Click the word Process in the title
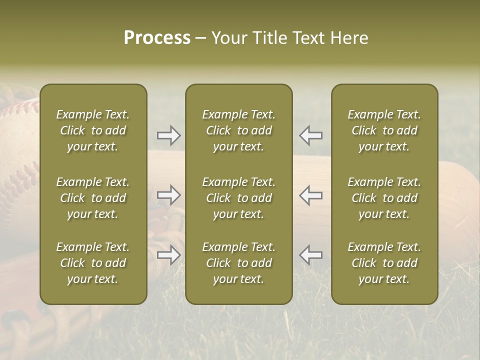(157, 38)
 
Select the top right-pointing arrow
(168, 135)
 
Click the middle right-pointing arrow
(168, 194)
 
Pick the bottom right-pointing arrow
(168, 255)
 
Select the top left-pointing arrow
(311, 135)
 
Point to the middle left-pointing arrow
(311, 194)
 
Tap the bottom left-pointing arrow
(311, 255)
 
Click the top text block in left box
(93, 130)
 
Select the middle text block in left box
(93, 198)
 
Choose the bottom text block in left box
(93, 263)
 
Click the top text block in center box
(238, 130)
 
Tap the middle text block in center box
(238, 198)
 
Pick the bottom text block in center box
(238, 263)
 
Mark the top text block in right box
(384, 130)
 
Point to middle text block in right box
(384, 198)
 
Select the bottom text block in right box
(384, 263)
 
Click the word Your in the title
(229, 38)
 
